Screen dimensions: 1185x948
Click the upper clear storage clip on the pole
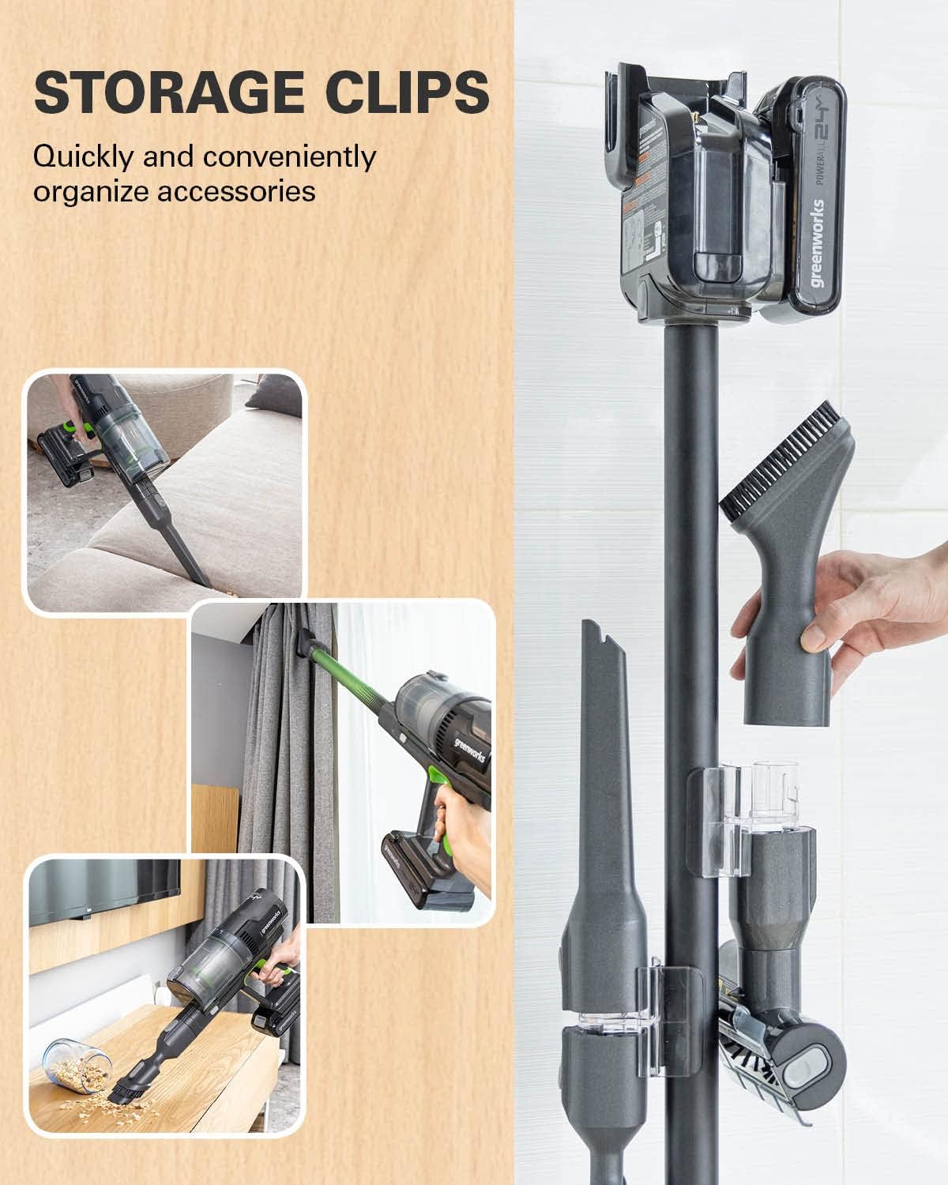pyautogui.click(x=723, y=822)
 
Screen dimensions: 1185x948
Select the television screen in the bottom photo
pyautogui.click(x=103, y=893)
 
